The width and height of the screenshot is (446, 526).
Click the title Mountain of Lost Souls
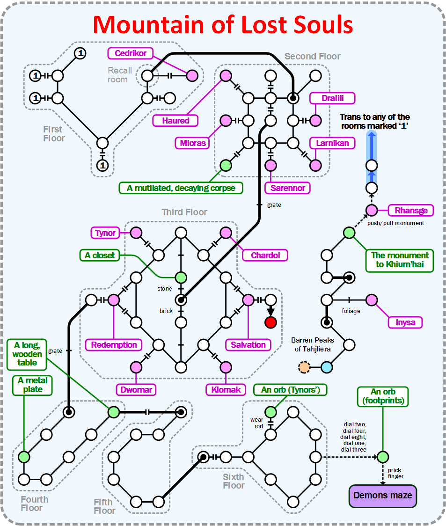click(x=223, y=24)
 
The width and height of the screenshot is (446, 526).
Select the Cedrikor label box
click(x=131, y=53)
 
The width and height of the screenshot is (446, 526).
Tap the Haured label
click(x=175, y=120)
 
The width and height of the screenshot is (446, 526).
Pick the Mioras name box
click(x=193, y=143)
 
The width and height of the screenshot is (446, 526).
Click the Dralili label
click(x=332, y=98)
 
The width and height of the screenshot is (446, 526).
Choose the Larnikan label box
click(x=332, y=143)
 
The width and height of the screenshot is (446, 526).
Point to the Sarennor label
click(x=288, y=188)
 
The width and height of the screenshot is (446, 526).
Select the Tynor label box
click(x=105, y=233)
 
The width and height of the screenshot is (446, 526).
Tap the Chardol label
click(x=265, y=255)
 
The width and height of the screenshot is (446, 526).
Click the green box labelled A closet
click(x=100, y=256)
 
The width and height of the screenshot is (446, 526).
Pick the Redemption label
click(x=114, y=345)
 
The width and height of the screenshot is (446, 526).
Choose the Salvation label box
click(x=248, y=345)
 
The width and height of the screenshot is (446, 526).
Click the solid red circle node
click(x=271, y=322)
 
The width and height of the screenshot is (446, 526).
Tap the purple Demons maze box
click(x=382, y=495)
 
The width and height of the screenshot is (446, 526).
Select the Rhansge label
click(x=411, y=210)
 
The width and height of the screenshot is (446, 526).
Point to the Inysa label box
click(x=405, y=322)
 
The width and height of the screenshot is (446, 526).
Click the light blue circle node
click(x=327, y=367)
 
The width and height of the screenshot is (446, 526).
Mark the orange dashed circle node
click(x=304, y=367)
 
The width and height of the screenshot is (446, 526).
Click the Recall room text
click(x=120, y=75)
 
